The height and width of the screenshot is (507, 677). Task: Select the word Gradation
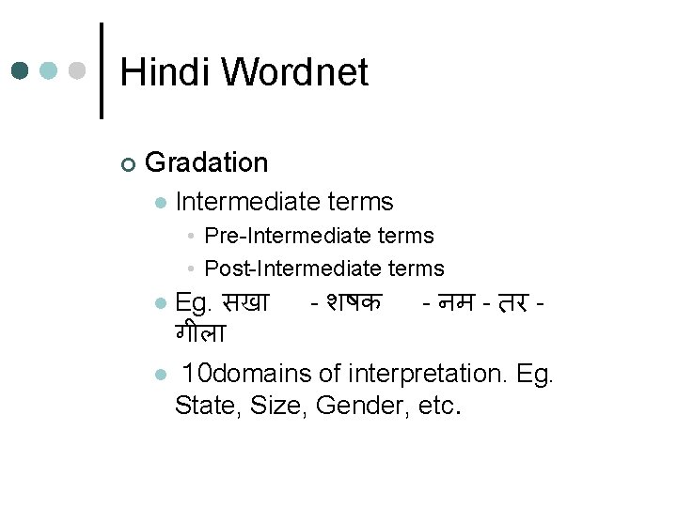pos(207,162)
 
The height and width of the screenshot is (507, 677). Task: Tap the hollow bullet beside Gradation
pos(128,164)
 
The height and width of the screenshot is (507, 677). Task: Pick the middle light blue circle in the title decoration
pos(49,70)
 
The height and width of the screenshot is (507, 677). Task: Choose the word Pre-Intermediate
pos(272,235)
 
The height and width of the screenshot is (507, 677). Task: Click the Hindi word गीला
pos(198,331)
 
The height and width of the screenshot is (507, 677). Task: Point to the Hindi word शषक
pos(354,303)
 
